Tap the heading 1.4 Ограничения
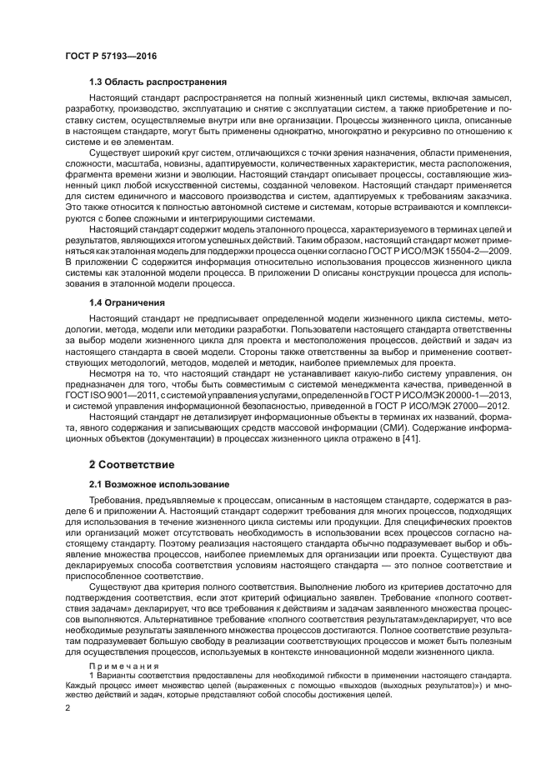[126, 302]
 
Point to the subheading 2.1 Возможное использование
[158, 484]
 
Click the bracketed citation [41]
[412, 439]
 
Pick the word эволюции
[197, 177]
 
